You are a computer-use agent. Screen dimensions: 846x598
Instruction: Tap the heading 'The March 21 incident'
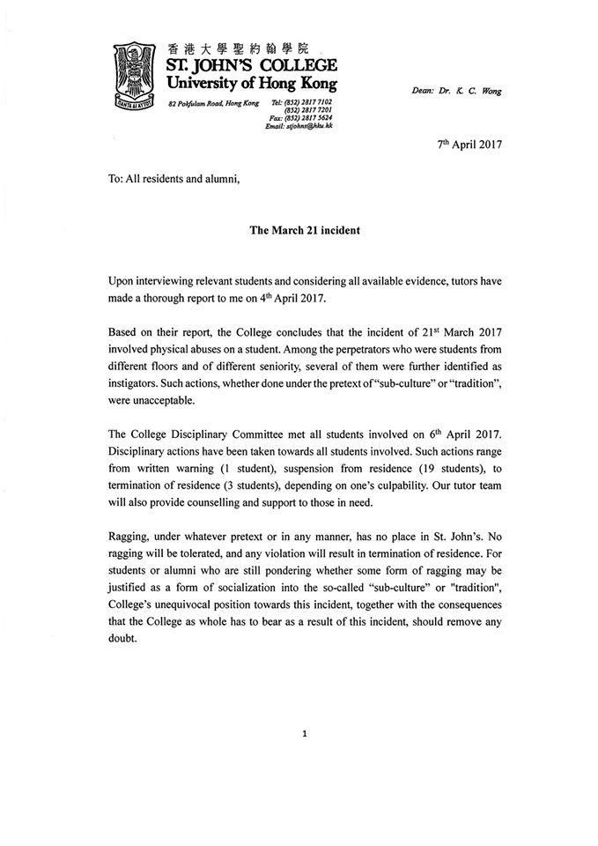(x=299, y=230)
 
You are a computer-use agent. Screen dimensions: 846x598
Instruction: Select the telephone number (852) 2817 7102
(x=309, y=103)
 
